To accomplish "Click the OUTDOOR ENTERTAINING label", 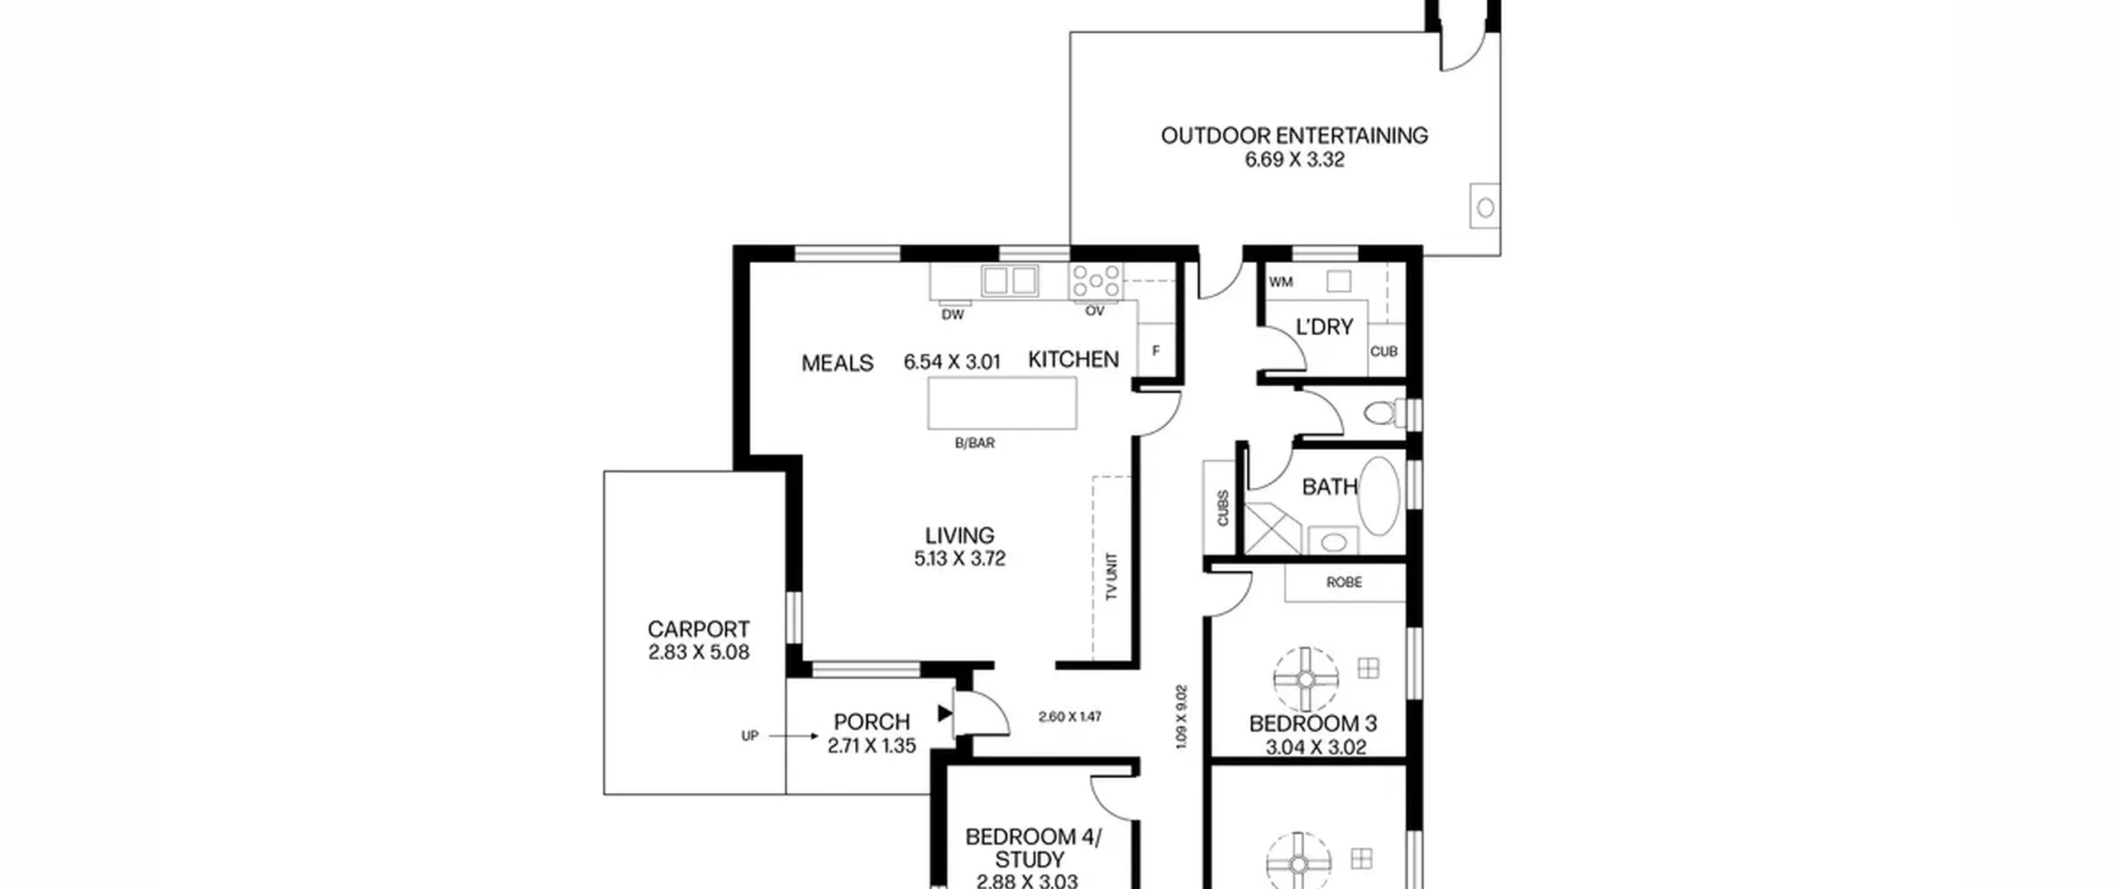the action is [x=1294, y=135].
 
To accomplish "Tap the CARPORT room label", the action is [x=699, y=629].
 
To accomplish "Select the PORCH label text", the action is [x=872, y=722].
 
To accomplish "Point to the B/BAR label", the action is [x=975, y=443].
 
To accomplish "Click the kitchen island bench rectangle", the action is [x=1002, y=404].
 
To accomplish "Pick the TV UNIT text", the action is [x=1111, y=576].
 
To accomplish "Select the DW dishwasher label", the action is [x=953, y=315].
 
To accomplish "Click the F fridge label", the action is [x=1156, y=351].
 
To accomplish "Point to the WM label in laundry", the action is [x=1281, y=282].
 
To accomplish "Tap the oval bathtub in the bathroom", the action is [x=1379, y=495].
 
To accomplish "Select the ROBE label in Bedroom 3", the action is [x=1345, y=582].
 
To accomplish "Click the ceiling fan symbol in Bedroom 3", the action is [x=1306, y=679].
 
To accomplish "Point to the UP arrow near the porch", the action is [x=794, y=735].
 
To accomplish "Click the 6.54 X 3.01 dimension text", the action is [x=952, y=362].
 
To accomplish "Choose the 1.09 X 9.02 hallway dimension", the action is [x=1182, y=716].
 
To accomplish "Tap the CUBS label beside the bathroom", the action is [x=1222, y=508].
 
